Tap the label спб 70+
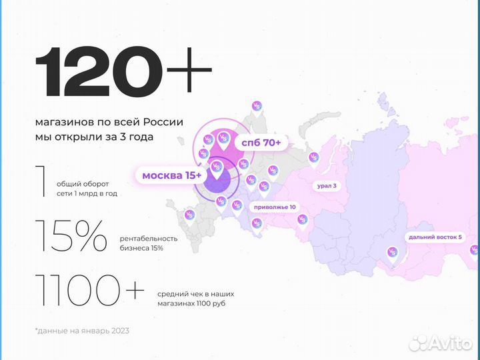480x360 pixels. (261, 143)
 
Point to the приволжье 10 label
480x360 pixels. (275, 207)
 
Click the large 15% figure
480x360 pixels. (71, 236)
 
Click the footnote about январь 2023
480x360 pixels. (82, 331)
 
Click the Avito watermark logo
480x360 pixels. (441, 343)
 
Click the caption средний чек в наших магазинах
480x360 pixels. (197, 299)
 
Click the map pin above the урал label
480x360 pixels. (313, 158)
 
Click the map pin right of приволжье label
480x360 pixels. (301, 219)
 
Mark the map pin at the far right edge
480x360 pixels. (474, 251)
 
